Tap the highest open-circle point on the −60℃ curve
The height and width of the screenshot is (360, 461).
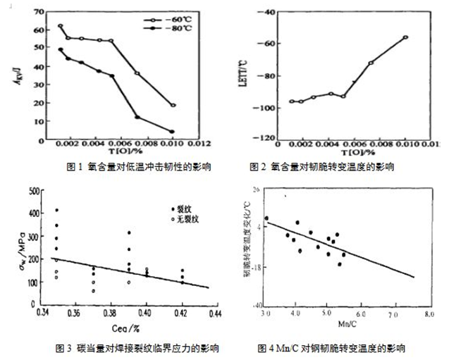[60, 26]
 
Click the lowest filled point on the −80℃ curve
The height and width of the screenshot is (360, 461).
[172, 132]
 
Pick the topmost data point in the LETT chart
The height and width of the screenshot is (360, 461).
[406, 37]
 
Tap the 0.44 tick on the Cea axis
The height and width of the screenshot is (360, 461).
[214, 311]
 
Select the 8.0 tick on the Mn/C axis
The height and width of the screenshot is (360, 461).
[428, 311]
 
